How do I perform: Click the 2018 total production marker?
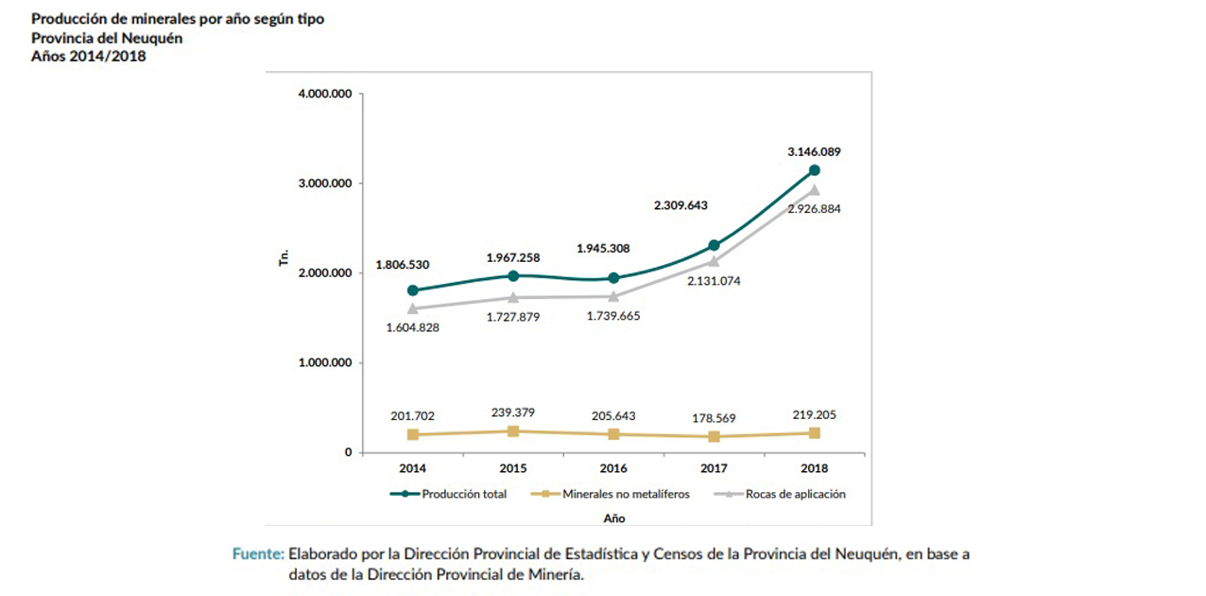pos(814,170)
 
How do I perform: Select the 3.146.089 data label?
pos(814,151)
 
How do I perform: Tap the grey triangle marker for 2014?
pos(413,308)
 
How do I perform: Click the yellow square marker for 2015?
pos(513,431)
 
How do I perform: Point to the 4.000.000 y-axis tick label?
pos(324,94)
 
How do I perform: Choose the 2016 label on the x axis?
pos(613,468)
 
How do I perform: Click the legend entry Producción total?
pos(450,494)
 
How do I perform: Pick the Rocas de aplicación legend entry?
pos(782,494)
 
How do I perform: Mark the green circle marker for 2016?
pos(613,278)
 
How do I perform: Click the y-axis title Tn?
pos(283,259)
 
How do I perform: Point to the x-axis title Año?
pos(613,518)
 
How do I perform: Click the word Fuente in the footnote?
pos(257,554)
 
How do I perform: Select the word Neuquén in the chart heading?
pos(151,39)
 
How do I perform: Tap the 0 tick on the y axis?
pos(348,452)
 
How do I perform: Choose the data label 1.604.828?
pos(412,327)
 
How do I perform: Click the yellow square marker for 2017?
pos(714,437)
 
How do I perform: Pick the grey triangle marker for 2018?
pos(814,190)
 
